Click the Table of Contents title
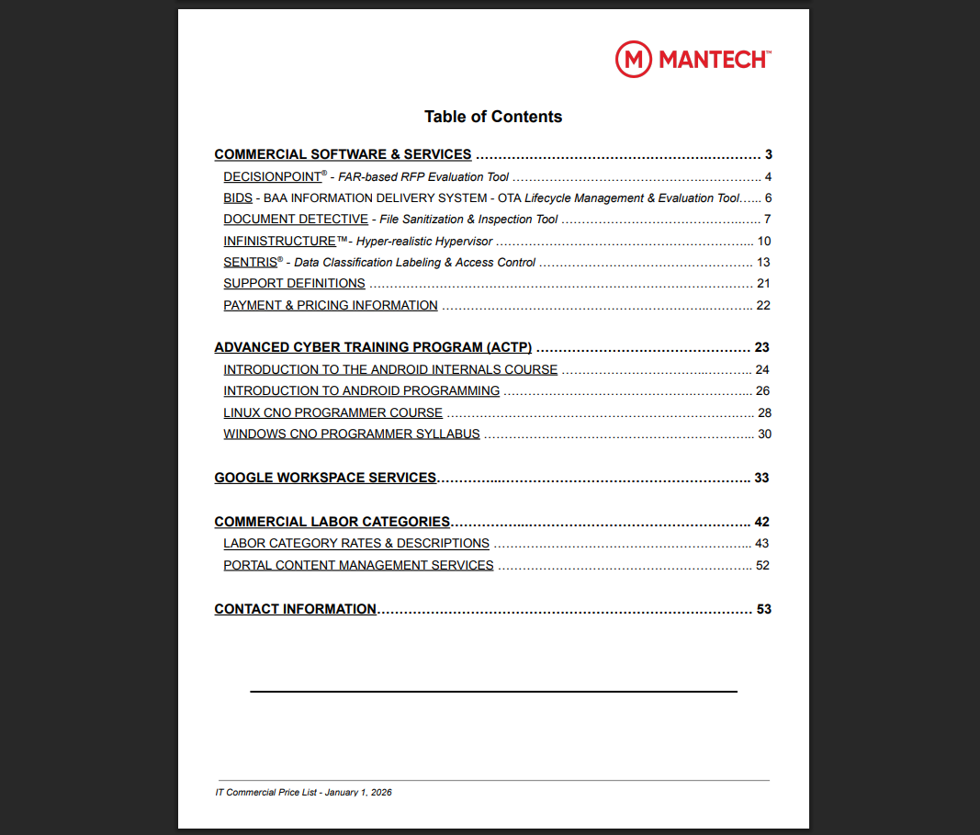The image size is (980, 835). (x=493, y=117)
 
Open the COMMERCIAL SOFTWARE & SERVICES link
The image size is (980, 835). (x=343, y=154)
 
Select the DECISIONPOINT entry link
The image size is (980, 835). (x=273, y=176)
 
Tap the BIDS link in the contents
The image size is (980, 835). (x=238, y=197)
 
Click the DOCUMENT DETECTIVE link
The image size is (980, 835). (x=296, y=219)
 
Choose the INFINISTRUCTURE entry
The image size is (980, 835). (x=279, y=241)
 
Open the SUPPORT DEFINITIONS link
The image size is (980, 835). (x=294, y=283)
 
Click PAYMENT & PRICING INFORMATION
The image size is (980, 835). (x=331, y=305)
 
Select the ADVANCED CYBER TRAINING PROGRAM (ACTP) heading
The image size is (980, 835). (x=373, y=347)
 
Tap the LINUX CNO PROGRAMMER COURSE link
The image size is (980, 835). (x=332, y=412)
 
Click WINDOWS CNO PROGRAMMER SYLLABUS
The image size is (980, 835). (x=352, y=434)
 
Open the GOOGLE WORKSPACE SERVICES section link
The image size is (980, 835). (x=325, y=478)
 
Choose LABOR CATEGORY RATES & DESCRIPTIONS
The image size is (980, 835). (x=356, y=543)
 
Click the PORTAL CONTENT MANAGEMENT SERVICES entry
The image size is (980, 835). (x=358, y=565)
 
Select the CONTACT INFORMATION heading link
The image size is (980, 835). (x=295, y=609)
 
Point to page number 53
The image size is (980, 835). (x=763, y=609)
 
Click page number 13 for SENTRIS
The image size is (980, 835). (x=763, y=262)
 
